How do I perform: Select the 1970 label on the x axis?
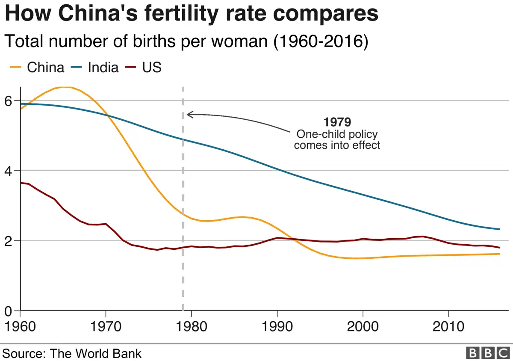coord(106,327)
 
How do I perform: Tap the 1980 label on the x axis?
coord(191,327)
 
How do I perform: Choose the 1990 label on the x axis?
coord(277,327)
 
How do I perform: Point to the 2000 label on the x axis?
coord(363,327)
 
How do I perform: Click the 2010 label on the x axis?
coord(448,327)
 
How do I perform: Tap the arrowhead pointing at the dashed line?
coord(189,114)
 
